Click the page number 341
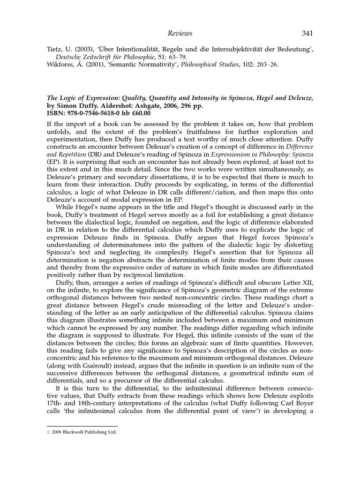pos(307,33)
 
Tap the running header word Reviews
pos(180,33)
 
